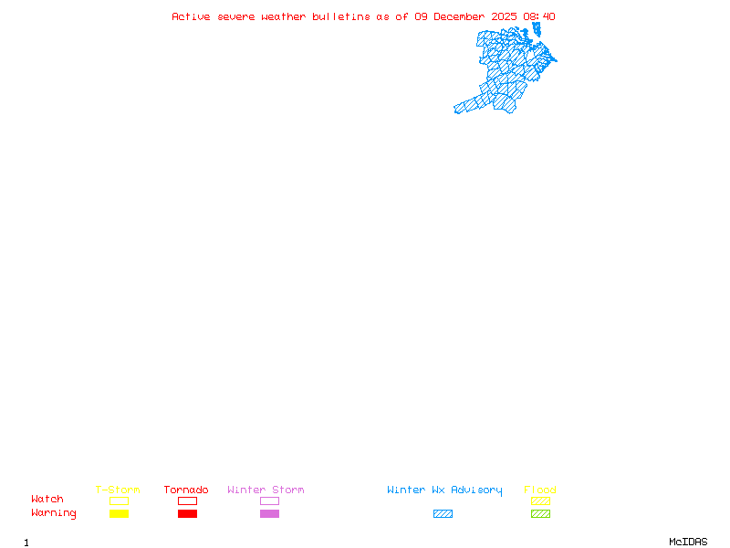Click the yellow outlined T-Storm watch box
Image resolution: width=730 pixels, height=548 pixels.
click(119, 501)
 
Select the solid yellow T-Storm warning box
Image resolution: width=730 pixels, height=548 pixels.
click(119, 513)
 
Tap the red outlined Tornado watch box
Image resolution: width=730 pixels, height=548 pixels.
click(187, 501)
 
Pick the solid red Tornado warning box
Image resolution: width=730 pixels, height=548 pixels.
click(187, 513)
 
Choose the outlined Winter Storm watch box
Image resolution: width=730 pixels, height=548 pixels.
click(269, 501)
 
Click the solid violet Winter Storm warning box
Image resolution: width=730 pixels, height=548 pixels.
click(269, 513)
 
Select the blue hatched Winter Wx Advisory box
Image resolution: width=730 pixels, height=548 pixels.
click(443, 513)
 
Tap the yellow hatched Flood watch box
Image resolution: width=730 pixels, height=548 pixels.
click(540, 501)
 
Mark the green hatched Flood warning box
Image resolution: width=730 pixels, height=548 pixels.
click(540, 513)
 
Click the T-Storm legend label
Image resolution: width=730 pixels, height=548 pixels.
click(118, 490)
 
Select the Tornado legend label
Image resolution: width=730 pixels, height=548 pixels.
click(186, 490)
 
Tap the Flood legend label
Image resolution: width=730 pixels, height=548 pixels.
click(539, 490)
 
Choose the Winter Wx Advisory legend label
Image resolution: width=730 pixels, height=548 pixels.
click(444, 490)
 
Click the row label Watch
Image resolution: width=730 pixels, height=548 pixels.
click(47, 500)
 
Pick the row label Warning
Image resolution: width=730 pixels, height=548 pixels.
click(54, 513)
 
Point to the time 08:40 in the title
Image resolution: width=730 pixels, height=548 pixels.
click(539, 16)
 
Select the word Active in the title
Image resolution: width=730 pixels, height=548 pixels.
click(192, 16)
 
